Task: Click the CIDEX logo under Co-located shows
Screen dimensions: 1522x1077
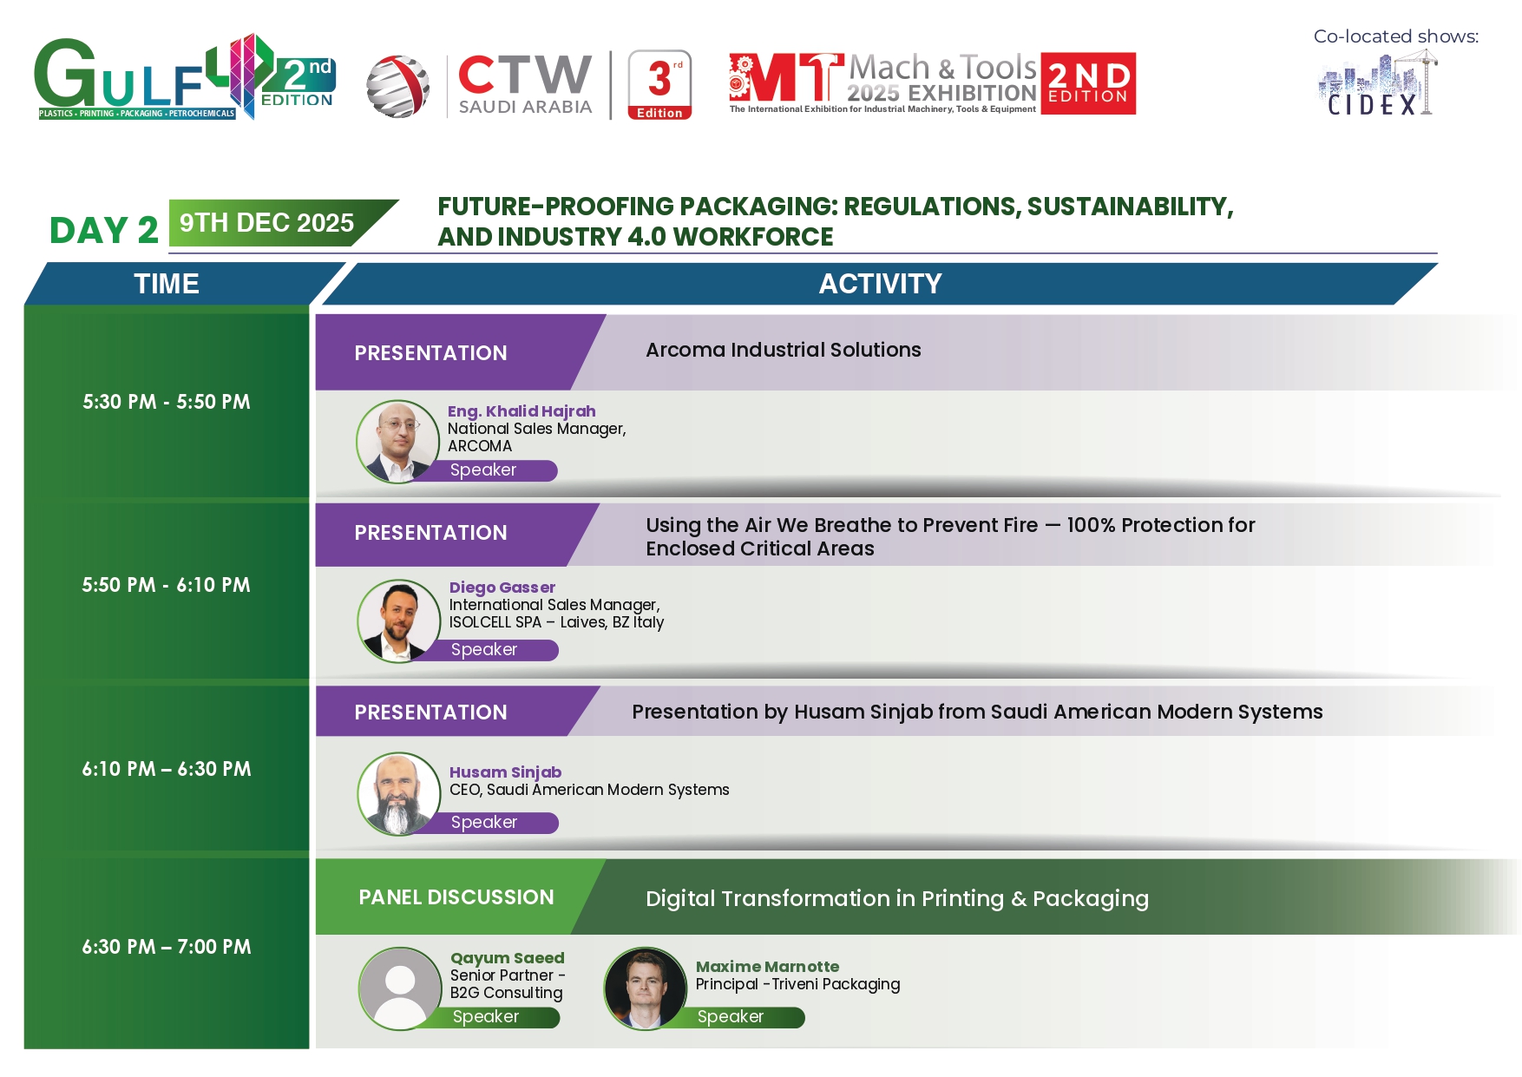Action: click(1377, 83)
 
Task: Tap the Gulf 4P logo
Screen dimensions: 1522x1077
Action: click(185, 77)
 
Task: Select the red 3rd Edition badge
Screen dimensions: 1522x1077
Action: click(659, 84)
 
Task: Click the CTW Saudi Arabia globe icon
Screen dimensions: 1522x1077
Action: click(397, 86)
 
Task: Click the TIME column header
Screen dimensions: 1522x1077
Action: click(167, 284)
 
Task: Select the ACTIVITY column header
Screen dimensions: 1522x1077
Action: click(880, 284)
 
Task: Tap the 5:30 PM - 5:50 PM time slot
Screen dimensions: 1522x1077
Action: click(167, 402)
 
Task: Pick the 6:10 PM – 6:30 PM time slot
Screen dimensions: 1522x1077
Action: click(167, 769)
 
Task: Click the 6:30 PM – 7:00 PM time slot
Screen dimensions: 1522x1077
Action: click(167, 947)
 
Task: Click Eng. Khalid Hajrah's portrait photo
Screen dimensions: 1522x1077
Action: click(398, 441)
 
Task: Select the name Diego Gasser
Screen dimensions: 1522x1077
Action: click(502, 588)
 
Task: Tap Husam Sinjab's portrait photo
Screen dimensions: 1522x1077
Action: click(399, 794)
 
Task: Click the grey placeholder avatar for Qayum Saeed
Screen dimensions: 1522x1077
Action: click(400, 988)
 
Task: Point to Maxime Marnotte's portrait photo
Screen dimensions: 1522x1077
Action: click(646, 988)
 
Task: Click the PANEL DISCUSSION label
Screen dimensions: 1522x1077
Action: click(456, 897)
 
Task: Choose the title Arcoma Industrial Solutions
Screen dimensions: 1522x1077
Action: click(784, 350)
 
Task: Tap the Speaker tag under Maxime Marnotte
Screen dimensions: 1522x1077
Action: click(731, 1017)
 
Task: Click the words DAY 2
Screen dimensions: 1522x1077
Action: click(104, 231)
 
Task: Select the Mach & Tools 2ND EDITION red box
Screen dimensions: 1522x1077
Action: click(1088, 83)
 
